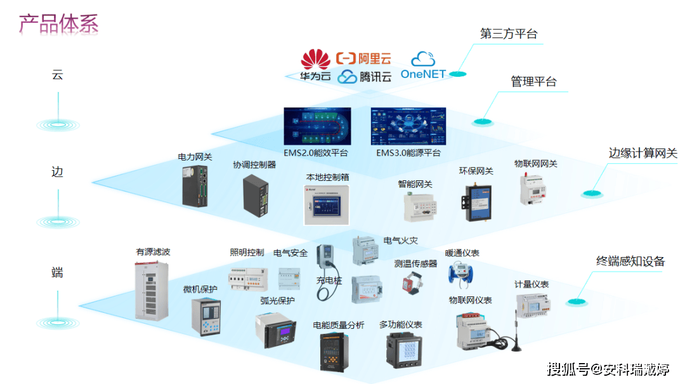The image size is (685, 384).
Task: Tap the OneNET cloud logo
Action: [x=423, y=66]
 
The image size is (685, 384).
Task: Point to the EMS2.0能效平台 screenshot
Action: [x=317, y=127]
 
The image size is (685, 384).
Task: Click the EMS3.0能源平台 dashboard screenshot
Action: [x=408, y=127]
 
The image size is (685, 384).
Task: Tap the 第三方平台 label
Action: [x=508, y=34]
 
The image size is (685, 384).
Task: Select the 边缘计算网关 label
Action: [x=643, y=153]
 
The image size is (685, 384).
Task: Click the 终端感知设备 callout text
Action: [x=630, y=261]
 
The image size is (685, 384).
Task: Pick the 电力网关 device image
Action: [x=196, y=185]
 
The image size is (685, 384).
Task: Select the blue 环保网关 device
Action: [x=476, y=195]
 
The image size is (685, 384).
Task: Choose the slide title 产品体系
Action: [x=58, y=23]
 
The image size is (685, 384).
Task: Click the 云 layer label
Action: [x=57, y=75]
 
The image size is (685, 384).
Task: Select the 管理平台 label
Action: [x=533, y=82]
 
